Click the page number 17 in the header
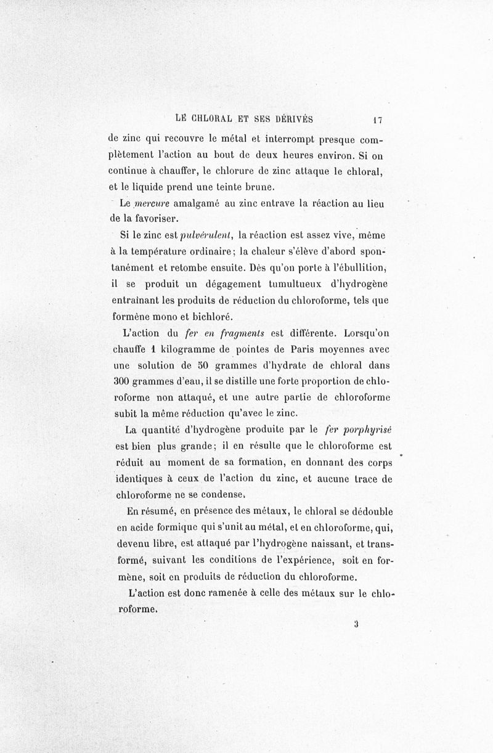point(378,119)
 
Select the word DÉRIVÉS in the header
point(292,118)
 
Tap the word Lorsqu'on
point(369,333)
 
